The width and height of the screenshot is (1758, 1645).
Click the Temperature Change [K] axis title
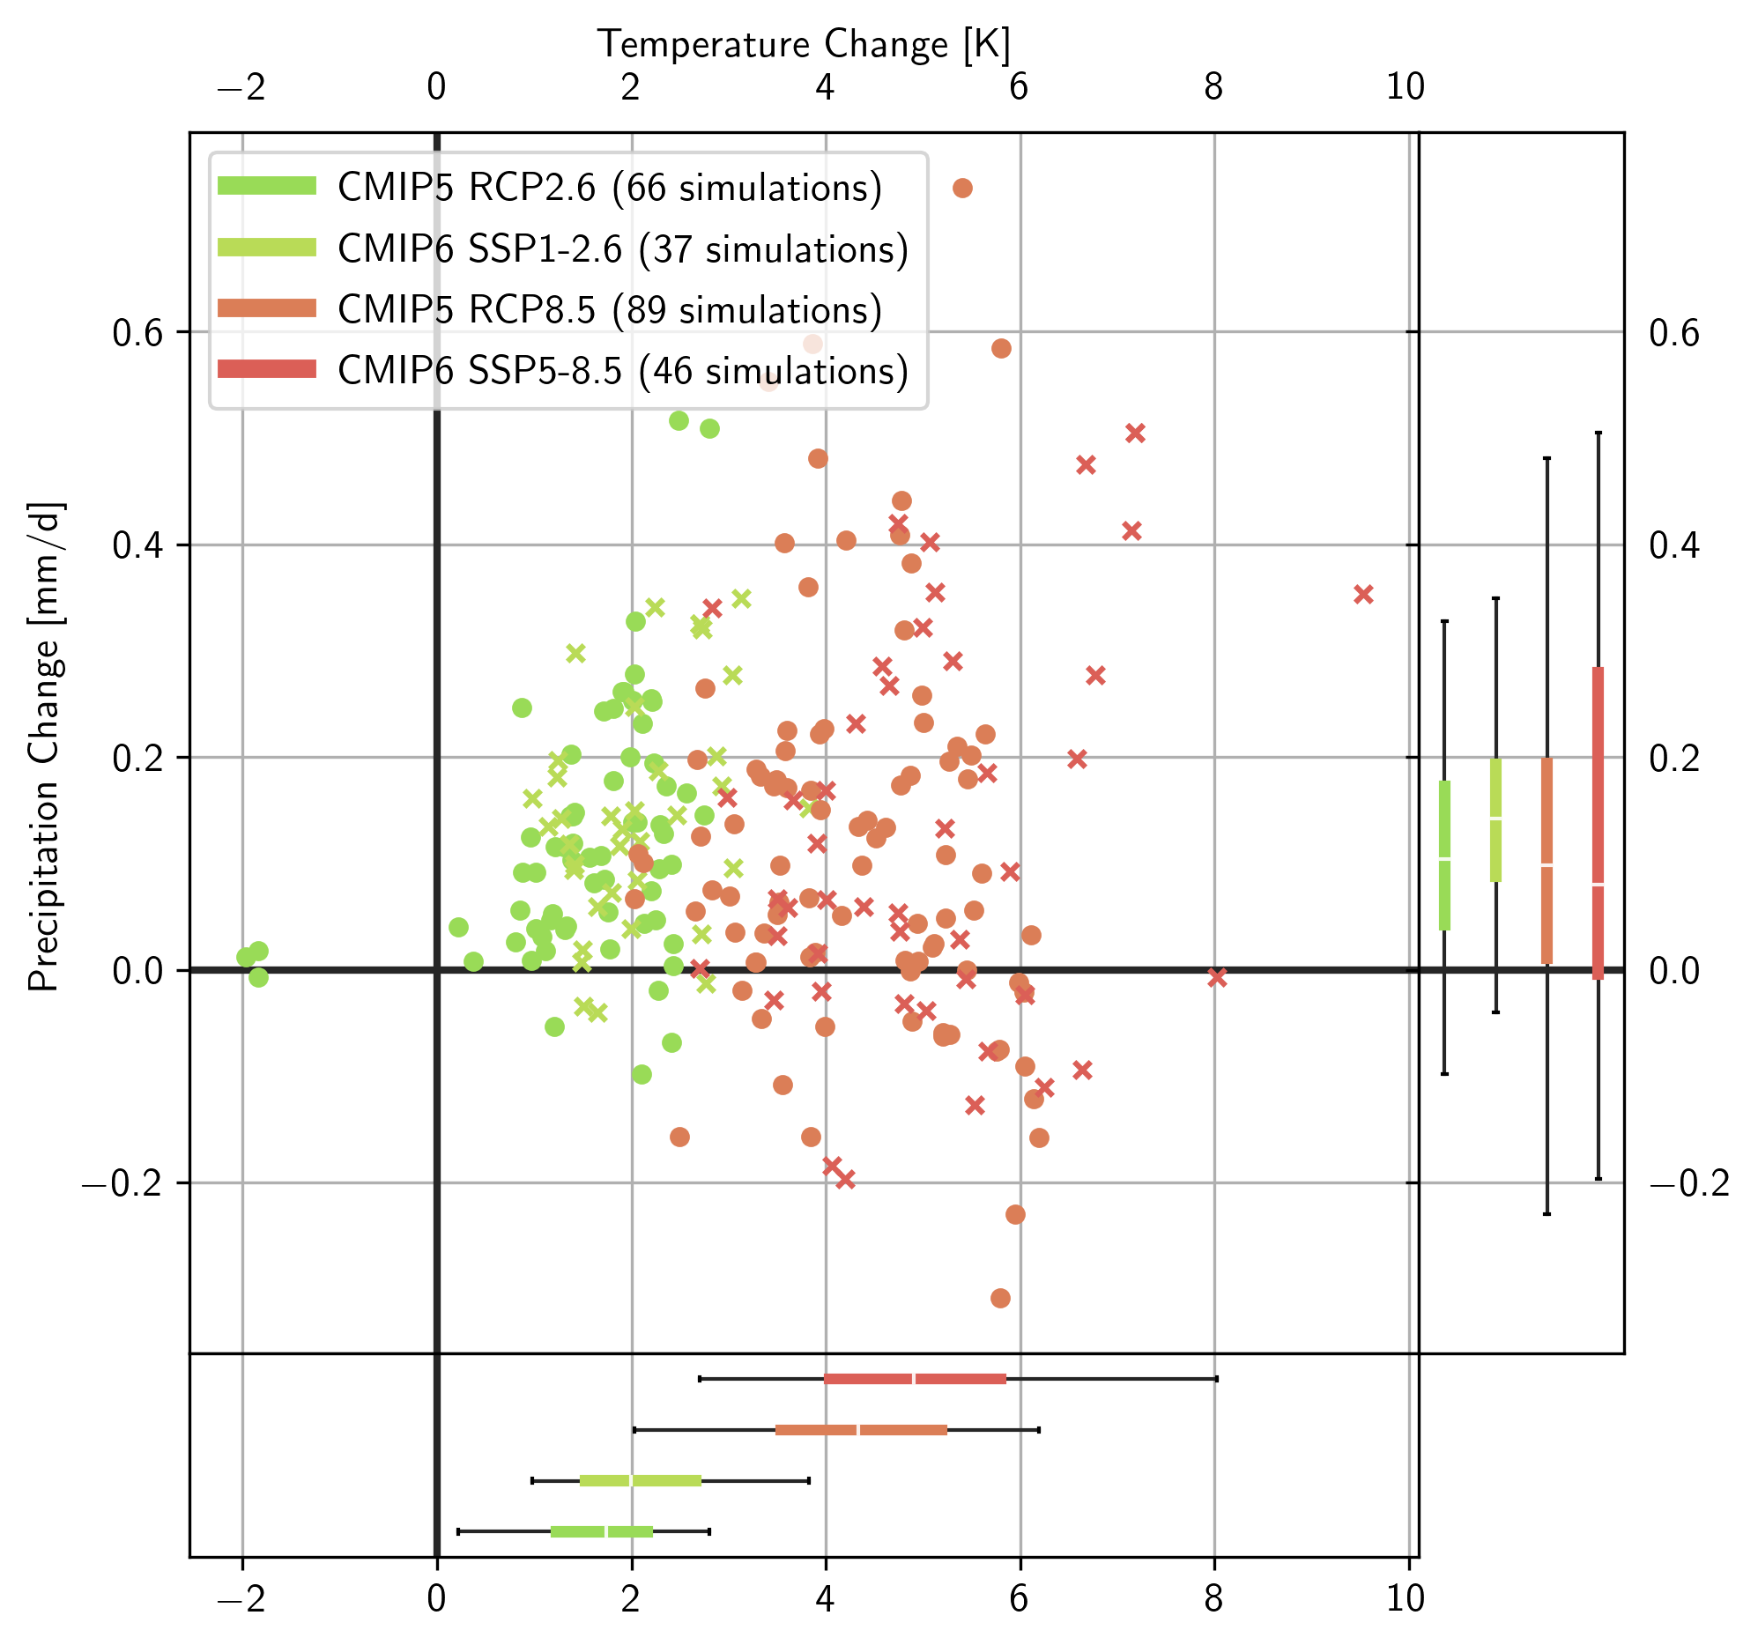point(803,44)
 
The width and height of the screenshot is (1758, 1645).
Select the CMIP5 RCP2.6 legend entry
point(609,188)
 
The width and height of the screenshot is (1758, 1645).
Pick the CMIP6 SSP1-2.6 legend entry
point(622,249)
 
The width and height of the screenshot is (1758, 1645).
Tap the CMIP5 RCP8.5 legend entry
point(609,309)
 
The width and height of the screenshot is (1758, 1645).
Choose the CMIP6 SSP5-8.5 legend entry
point(622,371)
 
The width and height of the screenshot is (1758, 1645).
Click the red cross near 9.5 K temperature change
point(1363,595)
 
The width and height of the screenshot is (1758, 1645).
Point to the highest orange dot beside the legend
point(963,188)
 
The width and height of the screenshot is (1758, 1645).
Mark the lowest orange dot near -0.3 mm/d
point(1000,1299)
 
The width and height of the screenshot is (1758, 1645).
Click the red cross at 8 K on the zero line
point(1217,977)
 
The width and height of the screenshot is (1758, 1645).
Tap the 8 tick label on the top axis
point(1213,86)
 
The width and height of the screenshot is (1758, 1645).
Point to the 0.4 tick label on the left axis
point(138,545)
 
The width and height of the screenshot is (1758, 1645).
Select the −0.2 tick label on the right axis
point(1689,1183)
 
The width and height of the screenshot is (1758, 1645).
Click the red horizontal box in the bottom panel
point(915,1379)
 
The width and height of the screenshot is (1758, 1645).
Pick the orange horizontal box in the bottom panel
point(860,1430)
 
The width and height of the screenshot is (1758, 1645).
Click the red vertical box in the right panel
point(1598,823)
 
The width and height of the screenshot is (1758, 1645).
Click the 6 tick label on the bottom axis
point(1019,1598)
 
